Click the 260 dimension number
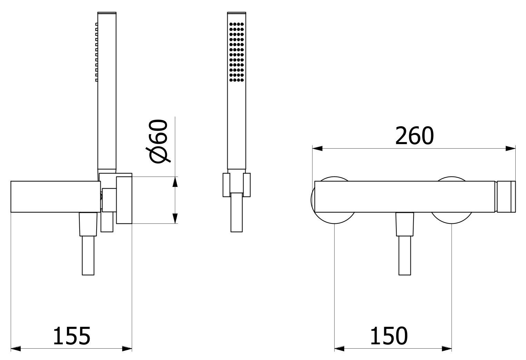(x=414, y=136)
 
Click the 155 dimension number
(x=72, y=336)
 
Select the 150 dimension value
(x=389, y=336)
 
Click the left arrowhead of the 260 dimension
(x=317, y=148)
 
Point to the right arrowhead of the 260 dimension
(x=510, y=148)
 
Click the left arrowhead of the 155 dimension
(x=16, y=349)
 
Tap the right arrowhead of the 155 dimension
(x=127, y=349)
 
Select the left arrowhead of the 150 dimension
(x=339, y=349)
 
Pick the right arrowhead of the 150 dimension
(x=447, y=349)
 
